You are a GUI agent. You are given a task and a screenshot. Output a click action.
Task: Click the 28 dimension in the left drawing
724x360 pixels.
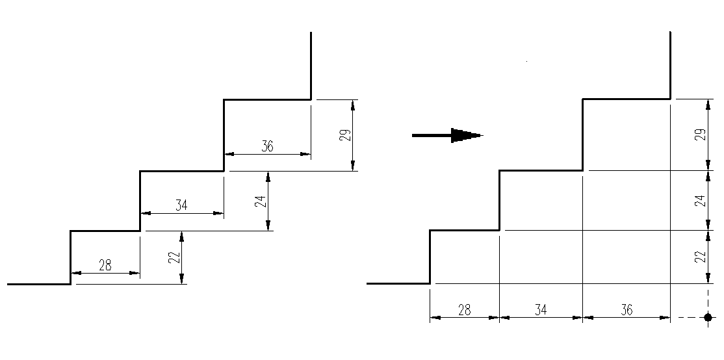pos(105,264)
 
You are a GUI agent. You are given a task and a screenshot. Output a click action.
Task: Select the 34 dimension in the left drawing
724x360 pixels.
pos(181,205)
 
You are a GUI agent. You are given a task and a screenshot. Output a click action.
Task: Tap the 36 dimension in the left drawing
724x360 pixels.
pos(267,146)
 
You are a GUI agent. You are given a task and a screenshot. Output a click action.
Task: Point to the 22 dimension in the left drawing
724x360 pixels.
pos(174,257)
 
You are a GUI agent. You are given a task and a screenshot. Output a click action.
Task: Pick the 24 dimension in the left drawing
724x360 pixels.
pos(260,201)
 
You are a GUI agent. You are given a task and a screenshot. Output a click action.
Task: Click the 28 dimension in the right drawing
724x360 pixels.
pos(464,310)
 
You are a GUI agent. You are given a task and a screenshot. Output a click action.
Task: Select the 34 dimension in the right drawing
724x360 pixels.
pos(540,310)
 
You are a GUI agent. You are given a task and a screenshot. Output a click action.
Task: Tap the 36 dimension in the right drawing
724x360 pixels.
pos(626,310)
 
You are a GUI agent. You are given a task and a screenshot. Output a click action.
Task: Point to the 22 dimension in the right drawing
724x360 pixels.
pos(699,257)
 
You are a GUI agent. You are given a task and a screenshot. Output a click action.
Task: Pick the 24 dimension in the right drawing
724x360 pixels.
pos(699,201)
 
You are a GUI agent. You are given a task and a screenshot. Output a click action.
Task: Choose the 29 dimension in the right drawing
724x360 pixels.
pos(699,135)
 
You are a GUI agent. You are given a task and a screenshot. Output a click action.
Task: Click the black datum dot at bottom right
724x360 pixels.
pos(708,318)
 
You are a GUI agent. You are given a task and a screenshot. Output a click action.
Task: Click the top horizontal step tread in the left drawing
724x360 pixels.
pos(267,99)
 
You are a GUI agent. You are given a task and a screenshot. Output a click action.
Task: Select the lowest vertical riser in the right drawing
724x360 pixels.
pos(430,257)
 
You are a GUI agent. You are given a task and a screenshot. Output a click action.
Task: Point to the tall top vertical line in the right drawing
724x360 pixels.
pos(670,65)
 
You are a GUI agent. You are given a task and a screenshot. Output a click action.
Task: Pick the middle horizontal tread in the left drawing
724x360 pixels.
pos(182,172)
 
